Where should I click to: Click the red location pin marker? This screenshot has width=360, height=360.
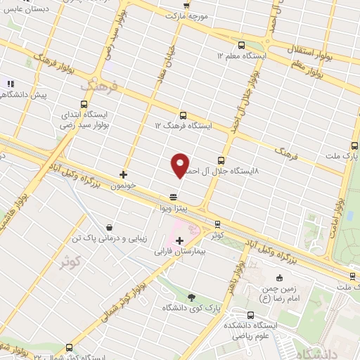click(x=181, y=165)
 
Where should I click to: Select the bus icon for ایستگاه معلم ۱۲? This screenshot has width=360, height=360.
click(x=241, y=44)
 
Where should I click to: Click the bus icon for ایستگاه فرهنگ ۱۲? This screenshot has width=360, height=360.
click(x=183, y=115)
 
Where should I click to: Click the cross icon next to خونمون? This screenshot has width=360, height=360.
click(x=123, y=174)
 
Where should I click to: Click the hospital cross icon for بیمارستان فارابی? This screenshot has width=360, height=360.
click(x=179, y=240)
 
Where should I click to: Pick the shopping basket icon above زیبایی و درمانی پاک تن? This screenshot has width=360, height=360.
click(x=109, y=227)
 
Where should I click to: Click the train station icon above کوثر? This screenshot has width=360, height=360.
click(x=217, y=224)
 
